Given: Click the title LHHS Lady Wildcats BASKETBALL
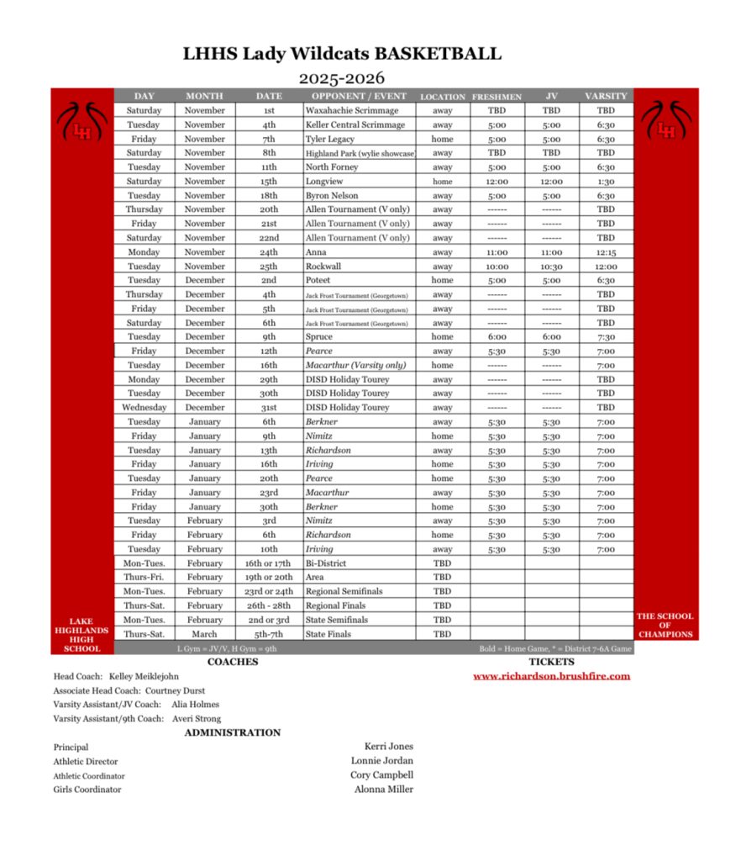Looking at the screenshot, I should [342, 55].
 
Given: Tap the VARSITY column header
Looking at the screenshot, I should [606, 96].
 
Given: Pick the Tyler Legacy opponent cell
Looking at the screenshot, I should [330, 139].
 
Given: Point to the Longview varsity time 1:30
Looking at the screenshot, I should [606, 181].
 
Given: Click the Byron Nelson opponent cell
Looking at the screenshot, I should [332, 195].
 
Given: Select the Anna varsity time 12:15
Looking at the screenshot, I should [606, 251].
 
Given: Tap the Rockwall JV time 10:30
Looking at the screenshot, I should [551, 266].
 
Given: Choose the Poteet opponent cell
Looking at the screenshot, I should [318, 280].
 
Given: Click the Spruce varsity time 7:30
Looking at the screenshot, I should [606, 336].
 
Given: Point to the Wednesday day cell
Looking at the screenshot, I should [144, 407].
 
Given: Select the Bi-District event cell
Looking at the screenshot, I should [326, 563].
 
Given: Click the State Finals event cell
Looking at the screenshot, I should [328, 634].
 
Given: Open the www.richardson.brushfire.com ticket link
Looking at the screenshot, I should [551, 676].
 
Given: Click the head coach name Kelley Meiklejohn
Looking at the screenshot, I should [144, 676].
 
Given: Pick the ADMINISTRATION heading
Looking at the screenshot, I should [233, 732].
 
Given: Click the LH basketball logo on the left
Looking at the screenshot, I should [82, 123].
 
